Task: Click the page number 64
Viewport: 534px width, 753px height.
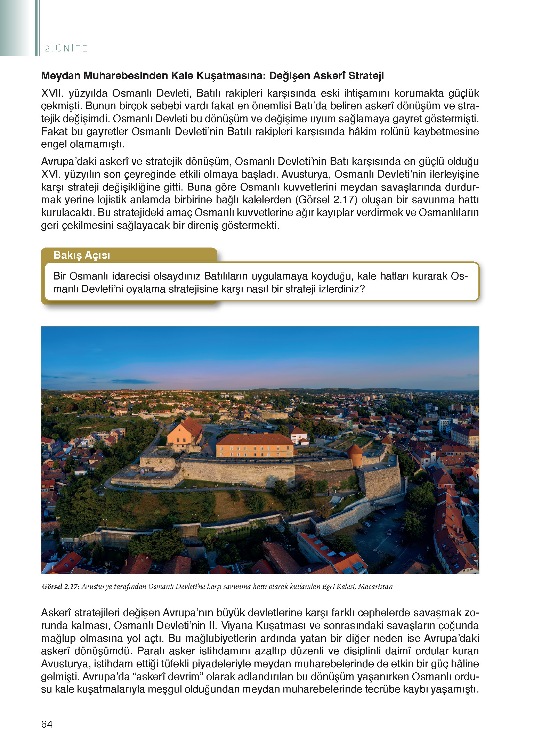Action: click(47, 724)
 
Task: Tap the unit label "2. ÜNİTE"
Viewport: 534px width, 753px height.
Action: click(66, 48)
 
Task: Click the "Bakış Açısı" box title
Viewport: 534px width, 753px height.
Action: click(82, 255)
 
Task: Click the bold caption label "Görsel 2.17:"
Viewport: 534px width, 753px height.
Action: click(61, 586)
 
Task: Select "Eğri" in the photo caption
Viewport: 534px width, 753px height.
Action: click(328, 586)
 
